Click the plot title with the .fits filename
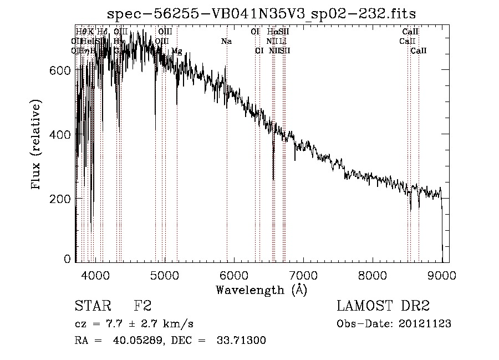tap(262, 13)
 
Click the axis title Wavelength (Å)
tap(261, 290)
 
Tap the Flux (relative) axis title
tap(37, 145)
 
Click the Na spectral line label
tap(226, 42)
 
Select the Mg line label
tap(176, 51)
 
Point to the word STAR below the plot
tap(93, 306)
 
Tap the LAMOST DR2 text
tap(383, 306)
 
